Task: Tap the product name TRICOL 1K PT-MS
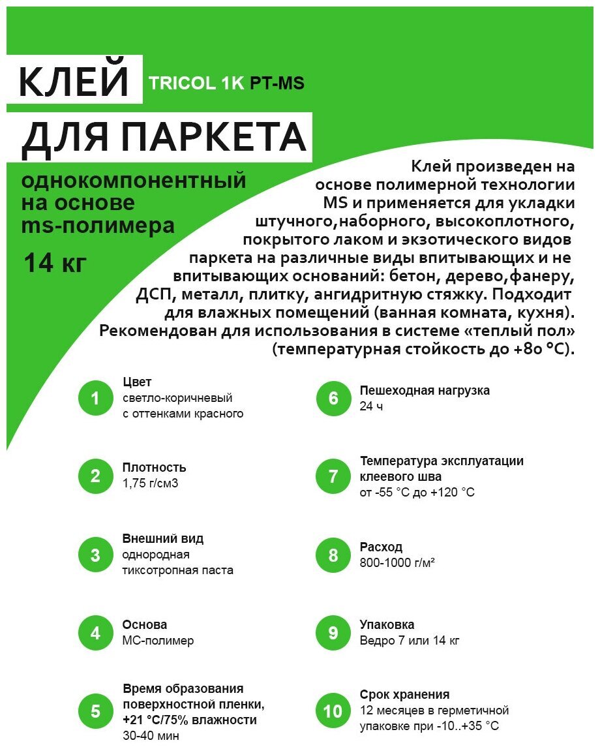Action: [226, 84]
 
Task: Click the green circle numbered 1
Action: [96, 398]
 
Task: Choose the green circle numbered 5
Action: [96, 711]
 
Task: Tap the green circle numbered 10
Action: [333, 711]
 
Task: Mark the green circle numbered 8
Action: [333, 555]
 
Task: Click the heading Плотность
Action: [154, 468]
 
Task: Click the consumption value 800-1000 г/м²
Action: [397, 562]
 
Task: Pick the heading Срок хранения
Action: [404, 695]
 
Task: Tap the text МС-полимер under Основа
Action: [158, 641]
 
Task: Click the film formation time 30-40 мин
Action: [151, 735]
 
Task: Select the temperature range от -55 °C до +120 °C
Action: [417, 492]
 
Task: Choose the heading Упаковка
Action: [387, 624]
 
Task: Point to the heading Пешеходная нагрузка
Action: [425, 390]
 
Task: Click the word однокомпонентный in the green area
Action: [134, 181]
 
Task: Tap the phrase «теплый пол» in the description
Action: [521, 331]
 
